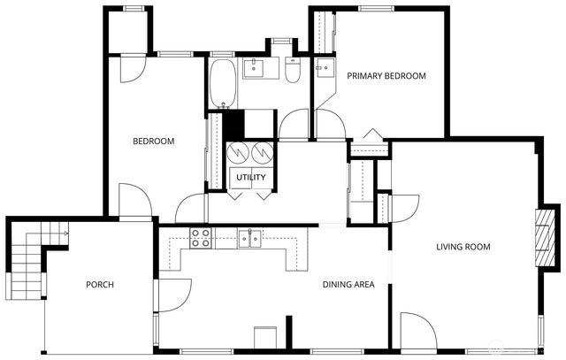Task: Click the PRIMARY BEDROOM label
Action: click(386, 76)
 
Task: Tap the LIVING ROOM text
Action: click(463, 247)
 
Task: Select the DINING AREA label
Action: click(348, 285)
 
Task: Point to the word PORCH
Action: click(100, 285)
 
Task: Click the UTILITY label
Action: click(250, 178)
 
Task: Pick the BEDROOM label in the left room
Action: click(153, 142)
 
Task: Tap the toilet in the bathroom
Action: click(293, 70)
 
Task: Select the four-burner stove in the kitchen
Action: click(201, 237)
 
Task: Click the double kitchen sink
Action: click(251, 238)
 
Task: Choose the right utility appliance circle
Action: click(263, 152)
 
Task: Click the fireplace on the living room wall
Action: click(548, 236)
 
